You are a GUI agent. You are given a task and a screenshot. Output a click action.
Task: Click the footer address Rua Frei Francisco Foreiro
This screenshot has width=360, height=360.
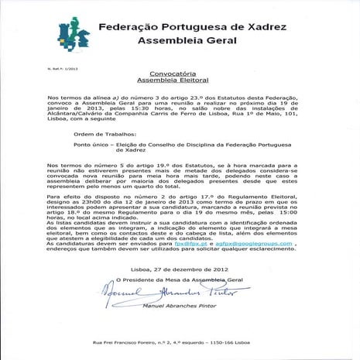point(123,341)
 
